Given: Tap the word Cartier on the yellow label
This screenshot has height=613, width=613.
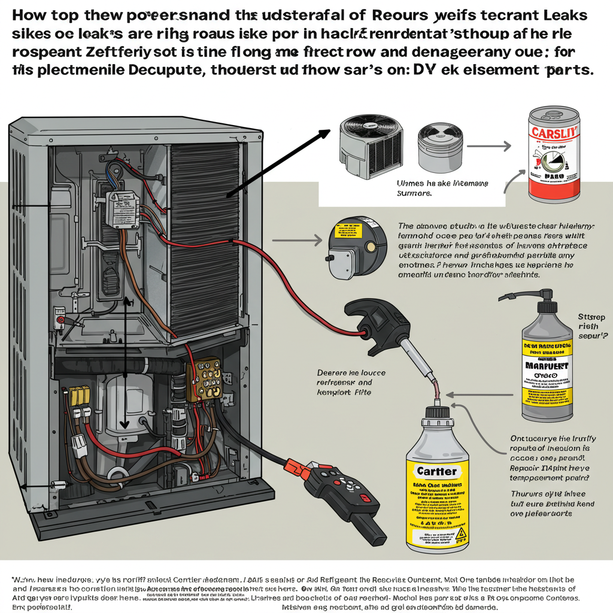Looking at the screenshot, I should coord(436,471).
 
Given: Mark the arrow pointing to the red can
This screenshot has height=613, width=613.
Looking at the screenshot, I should coord(488,145).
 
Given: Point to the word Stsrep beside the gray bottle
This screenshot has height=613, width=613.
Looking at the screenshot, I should coord(592,317).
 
